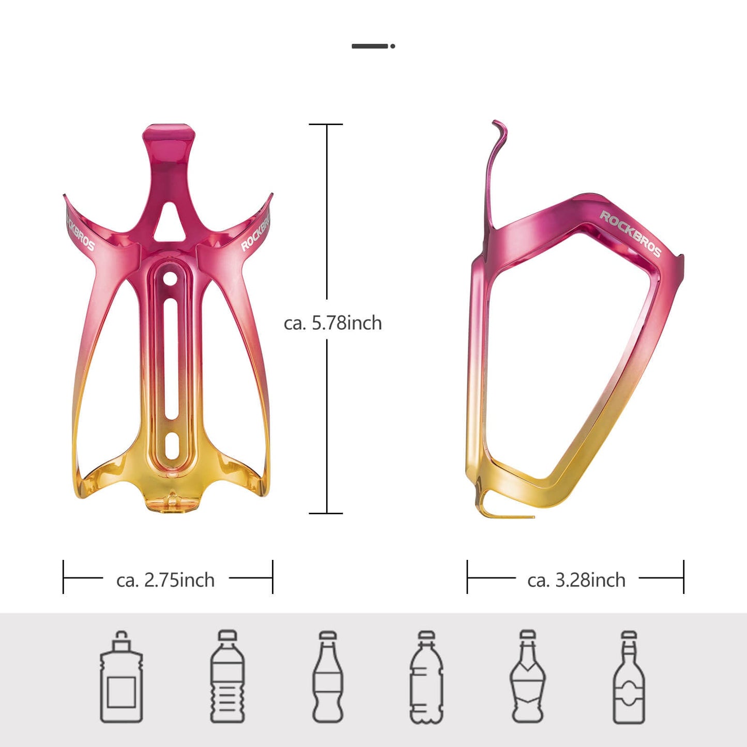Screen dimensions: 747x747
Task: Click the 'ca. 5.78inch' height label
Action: point(332,323)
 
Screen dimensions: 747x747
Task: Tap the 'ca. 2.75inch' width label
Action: point(165,580)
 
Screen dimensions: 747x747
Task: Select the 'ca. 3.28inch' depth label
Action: point(576,580)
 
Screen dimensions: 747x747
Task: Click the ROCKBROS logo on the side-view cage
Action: point(630,234)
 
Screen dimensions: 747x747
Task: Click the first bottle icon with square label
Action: point(121,677)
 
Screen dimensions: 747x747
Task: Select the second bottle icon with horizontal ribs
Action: point(227,677)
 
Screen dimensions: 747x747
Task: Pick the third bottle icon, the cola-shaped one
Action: point(328,677)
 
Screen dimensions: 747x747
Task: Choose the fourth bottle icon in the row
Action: point(426,677)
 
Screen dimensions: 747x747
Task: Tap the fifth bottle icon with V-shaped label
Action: point(527,677)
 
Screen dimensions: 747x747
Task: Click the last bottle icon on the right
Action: point(629,677)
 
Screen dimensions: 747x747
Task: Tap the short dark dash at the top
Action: point(370,46)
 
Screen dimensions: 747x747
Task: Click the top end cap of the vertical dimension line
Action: point(326,125)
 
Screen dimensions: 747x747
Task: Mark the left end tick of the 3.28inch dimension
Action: point(467,577)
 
